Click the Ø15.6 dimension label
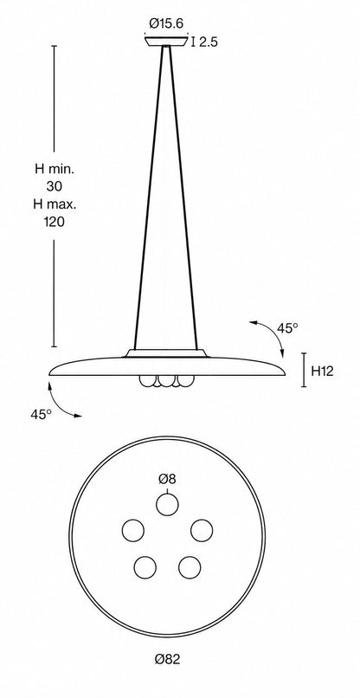[166, 23]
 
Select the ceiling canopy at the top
[166, 42]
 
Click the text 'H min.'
[55, 169]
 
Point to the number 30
[55, 186]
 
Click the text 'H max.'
[55, 204]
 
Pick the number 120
[55, 222]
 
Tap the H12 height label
[322, 372]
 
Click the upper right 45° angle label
[287, 328]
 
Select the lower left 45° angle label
[41, 415]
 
